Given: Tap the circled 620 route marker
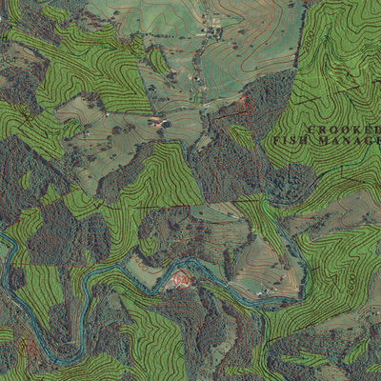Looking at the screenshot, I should coord(181,279).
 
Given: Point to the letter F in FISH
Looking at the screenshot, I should coord(277,140).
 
